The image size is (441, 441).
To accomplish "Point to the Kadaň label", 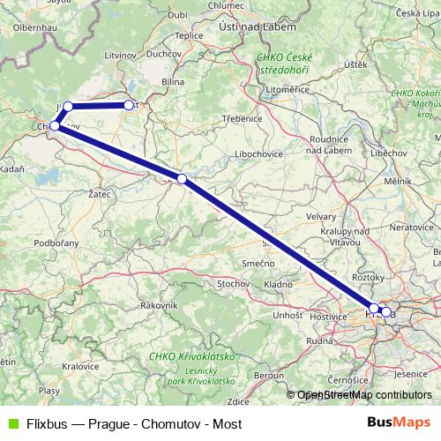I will click(x=11, y=168).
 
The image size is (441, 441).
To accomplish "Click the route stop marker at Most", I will click(x=129, y=106).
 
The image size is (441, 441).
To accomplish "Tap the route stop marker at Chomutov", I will click(x=55, y=126).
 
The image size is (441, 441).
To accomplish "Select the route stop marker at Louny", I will click(x=182, y=179).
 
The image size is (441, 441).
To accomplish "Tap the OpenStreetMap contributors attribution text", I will click(x=364, y=395).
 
